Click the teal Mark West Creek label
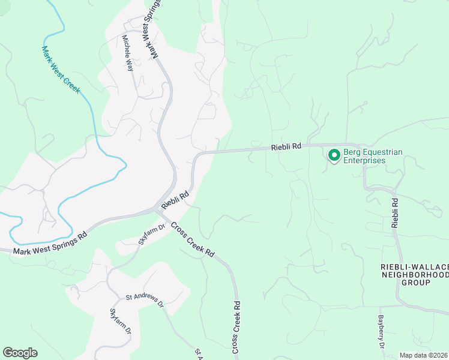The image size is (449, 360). click(61, 69)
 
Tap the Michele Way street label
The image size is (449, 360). click(128, 53)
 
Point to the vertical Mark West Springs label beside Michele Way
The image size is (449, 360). click(152, 29)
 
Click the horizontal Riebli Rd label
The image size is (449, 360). click(286, 147)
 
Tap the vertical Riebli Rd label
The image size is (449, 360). click(395, 212)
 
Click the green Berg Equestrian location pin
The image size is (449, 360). click(333, 155)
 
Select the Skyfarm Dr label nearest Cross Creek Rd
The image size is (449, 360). click(152, 234)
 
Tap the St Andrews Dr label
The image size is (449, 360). click(144, 299)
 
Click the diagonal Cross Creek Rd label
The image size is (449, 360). click(192, 239)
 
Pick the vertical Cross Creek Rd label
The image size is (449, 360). click(237, 327)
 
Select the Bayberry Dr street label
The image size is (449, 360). click(381, 332)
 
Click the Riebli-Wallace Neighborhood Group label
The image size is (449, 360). click(415, 274)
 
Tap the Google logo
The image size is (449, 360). click(20, 353)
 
